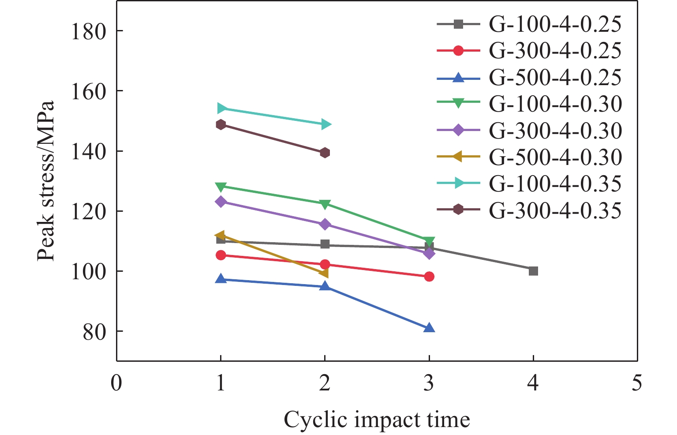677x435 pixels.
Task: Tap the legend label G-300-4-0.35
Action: pos(555,210)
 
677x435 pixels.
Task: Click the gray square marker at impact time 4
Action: pos(533,271)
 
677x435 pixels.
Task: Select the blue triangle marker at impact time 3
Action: pos(429,328)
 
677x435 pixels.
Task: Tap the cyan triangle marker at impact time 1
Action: pos(221,109)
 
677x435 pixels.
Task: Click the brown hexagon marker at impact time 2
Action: pos(325,153)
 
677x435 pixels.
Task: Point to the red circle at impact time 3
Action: pos(429,277)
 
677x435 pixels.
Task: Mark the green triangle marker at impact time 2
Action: pos(325,204)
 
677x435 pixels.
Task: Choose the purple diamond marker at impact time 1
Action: pos(221,202)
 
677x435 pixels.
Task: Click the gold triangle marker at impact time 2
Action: pos(324,274)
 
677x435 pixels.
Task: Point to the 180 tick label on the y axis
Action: pos(89,31)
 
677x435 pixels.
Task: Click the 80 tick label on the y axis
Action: pos(94,332)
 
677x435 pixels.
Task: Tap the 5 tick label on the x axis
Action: pos(636,382)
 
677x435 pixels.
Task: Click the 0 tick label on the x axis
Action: pos(116,382)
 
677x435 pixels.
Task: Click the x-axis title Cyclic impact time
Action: pos(377,419)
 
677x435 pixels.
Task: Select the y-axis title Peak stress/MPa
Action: pos(45,181)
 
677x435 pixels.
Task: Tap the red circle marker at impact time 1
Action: pos(221,255)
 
